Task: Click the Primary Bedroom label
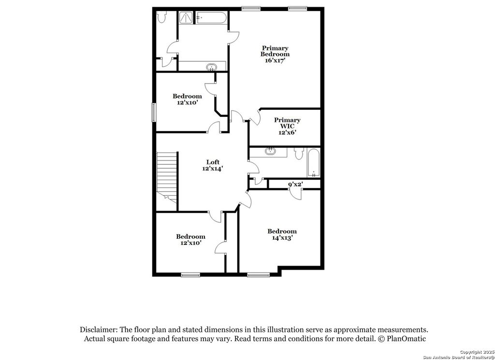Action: [275, 51]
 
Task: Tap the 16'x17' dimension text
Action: [275, 60]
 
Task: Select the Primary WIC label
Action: [287, 123]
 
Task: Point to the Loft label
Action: [213, 162]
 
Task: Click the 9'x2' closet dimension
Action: [295, 184]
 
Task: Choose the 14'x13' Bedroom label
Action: [282, 234]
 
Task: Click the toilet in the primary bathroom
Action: [162, 17]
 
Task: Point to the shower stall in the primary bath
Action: [186, 18]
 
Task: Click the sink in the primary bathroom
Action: [211, 67]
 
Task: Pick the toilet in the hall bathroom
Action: [298, 154]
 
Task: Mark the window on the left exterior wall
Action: [154, 112]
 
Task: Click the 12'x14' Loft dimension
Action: [213, 169]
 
